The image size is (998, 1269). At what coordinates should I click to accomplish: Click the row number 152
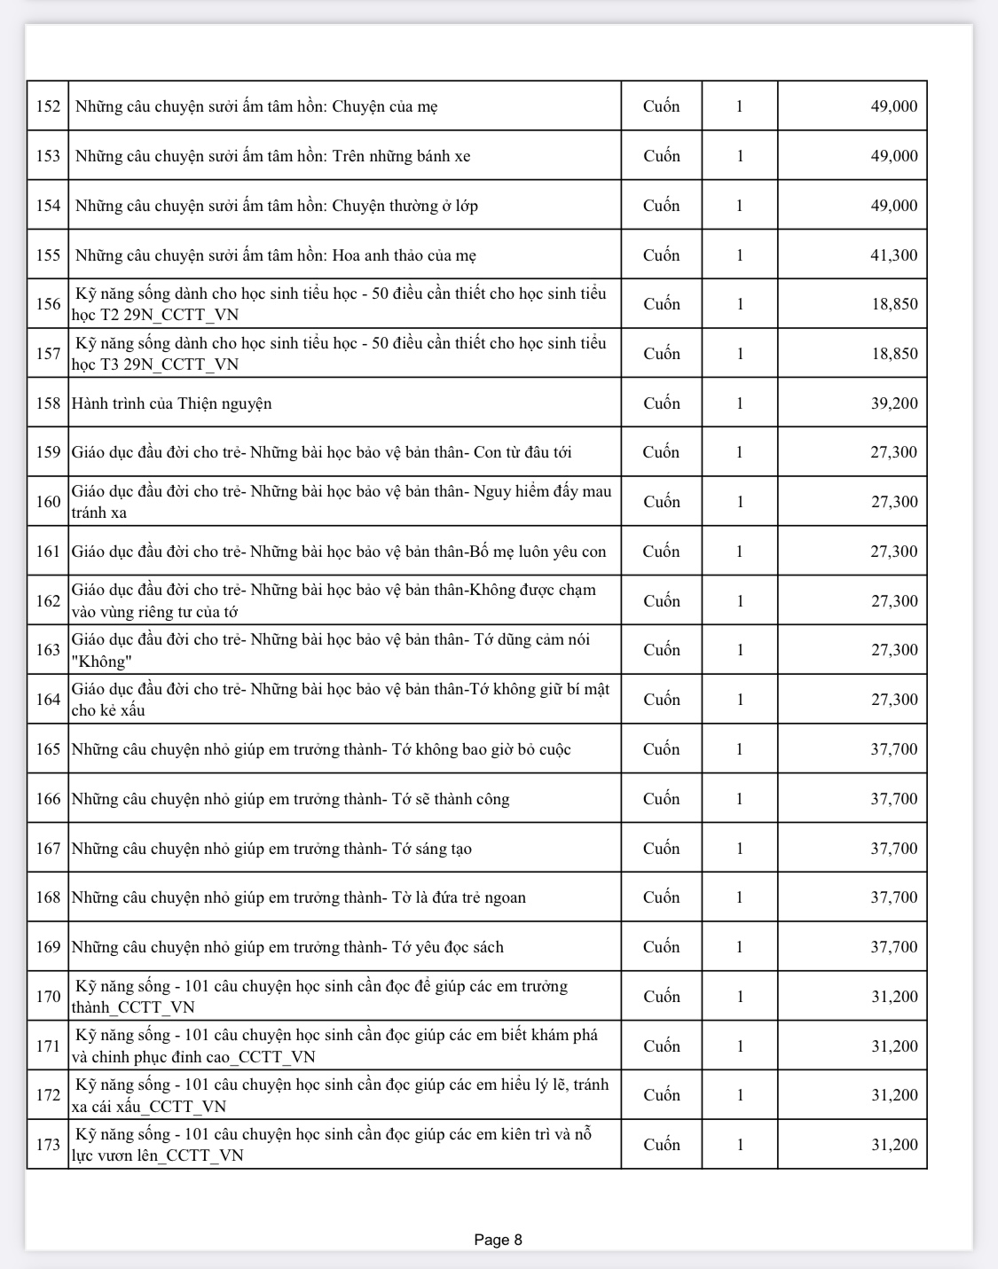tap(48, 106)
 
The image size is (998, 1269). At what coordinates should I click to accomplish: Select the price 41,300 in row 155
tap(893, 255)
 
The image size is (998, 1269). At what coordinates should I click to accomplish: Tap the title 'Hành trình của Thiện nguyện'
tap(171, 403)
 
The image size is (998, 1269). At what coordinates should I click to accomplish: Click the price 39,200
tap(893, 403)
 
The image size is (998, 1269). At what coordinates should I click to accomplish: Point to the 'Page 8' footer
tap(498, 1240)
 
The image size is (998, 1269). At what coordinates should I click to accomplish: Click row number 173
tap(48, 1145)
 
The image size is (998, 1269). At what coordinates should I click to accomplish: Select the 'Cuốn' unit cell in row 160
tap(661, 502)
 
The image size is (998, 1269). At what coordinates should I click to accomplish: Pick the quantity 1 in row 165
tap(740, 749)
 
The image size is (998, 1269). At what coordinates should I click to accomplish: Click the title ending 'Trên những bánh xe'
tap(272, 156)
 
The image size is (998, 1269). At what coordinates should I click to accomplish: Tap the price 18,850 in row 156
tap(893, 304)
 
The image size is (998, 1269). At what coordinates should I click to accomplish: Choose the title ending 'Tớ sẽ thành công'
tap(290, 799)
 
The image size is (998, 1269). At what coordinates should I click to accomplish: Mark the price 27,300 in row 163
tap(893, 650)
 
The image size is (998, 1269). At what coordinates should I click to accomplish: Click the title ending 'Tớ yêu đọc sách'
tap(287, 947)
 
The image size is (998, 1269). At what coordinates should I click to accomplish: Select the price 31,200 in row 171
tap(893, 1046)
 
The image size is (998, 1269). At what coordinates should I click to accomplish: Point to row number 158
tap(48, 403)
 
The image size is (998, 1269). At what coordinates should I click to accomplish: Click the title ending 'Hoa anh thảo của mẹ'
tap(275, 255)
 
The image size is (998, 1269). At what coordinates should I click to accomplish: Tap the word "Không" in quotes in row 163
tap(102, 662)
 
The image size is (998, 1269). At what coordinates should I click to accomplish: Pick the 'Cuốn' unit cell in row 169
tap(661, 947)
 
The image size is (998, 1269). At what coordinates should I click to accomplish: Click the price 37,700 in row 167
tap(893, 849)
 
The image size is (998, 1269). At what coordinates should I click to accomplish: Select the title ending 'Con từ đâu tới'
tap(321, 452)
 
